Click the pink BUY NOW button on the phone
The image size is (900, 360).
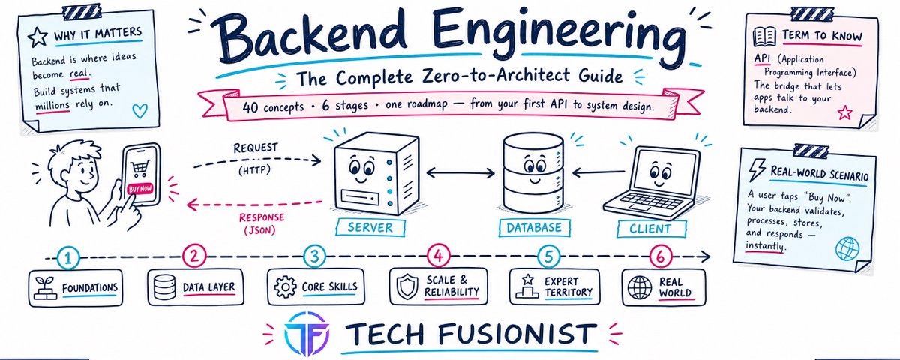pos(140,188)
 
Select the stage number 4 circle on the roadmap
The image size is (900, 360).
pos(438,256)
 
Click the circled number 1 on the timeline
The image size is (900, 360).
pos(68,257)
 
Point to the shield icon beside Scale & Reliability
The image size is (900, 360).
pos(407,286)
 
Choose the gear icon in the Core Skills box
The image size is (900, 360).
pos(285,286)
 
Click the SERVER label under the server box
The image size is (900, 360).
pos(370,227)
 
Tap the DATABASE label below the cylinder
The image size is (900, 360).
pos(534,228)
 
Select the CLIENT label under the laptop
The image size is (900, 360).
pos(650,229)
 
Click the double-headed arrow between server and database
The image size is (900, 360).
pos(460,173)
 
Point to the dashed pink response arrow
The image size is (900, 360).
pos(254,204)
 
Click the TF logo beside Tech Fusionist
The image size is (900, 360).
pos(307,334)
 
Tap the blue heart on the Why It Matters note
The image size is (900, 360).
pos(139,110)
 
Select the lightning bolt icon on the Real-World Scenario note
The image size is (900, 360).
pos(757,170)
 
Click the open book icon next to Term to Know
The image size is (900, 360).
pos(764,37)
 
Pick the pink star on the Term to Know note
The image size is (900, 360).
pos(844,113)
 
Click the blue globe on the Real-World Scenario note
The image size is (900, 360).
pos(847,248)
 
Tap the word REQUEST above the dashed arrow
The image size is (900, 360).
pos(256,148)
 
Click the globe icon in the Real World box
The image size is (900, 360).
pos(640,287)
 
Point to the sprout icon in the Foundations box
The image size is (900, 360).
pos(45,288)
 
